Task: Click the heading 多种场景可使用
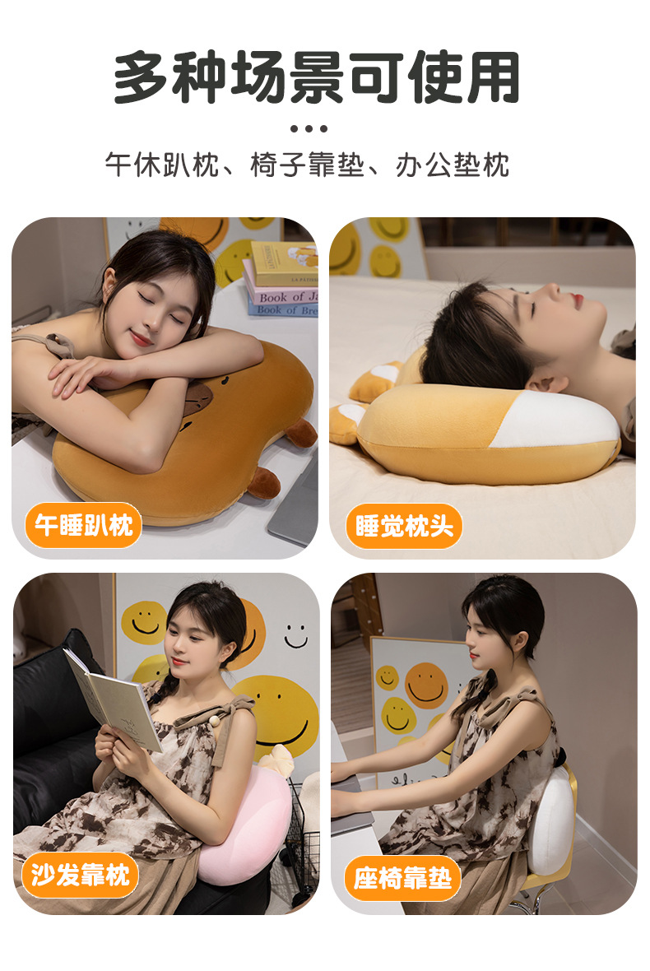(317, 78)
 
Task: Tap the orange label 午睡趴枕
(83, 525)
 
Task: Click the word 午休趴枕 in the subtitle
(162, 165)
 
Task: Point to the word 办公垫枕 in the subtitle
(453, 165)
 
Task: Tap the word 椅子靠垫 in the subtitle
(308, 165)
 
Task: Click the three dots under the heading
(309, 128)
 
